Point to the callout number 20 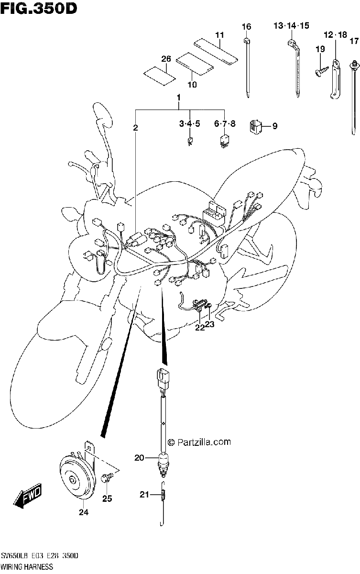pyautogui.click(x=139, y=458)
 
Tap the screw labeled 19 pyautogui.click(x=322, y=70)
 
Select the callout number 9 pyautogui.click(x=275, y=126)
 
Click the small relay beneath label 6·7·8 pyautogui.click(x=224, y=141)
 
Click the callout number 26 pyautogui.click(x=166, y=59)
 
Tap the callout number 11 pyautogui.click(x=219, y=34)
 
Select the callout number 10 pyautogui.click(x=192, y=84)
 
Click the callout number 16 pyautogui.click(x=247, y=26)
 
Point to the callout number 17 pyautogui.click(x=354, y=41)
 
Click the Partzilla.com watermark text pyautogui.click(x=199, y=442)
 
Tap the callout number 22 pyautogui.click(x=200, y=328)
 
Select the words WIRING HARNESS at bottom pyautogui.click(x=27, y=566)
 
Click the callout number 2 pyautogui.click(x=135, y=128)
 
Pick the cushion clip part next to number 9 pyautogui.click(x=255, y=126)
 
